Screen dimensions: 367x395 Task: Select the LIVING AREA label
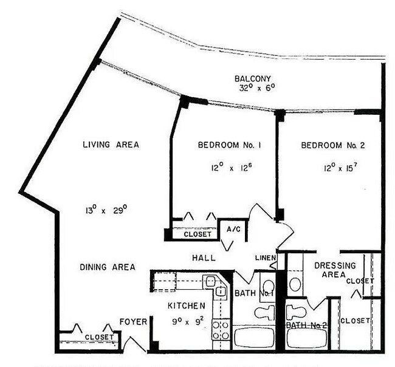point(111,145)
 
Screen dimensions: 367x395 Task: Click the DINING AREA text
point(108,267)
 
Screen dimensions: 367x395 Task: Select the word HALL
point(204,258)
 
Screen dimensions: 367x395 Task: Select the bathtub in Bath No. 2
point(306,338)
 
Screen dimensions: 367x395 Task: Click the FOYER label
point(133,321)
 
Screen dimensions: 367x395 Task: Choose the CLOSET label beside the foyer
point(98,337)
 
